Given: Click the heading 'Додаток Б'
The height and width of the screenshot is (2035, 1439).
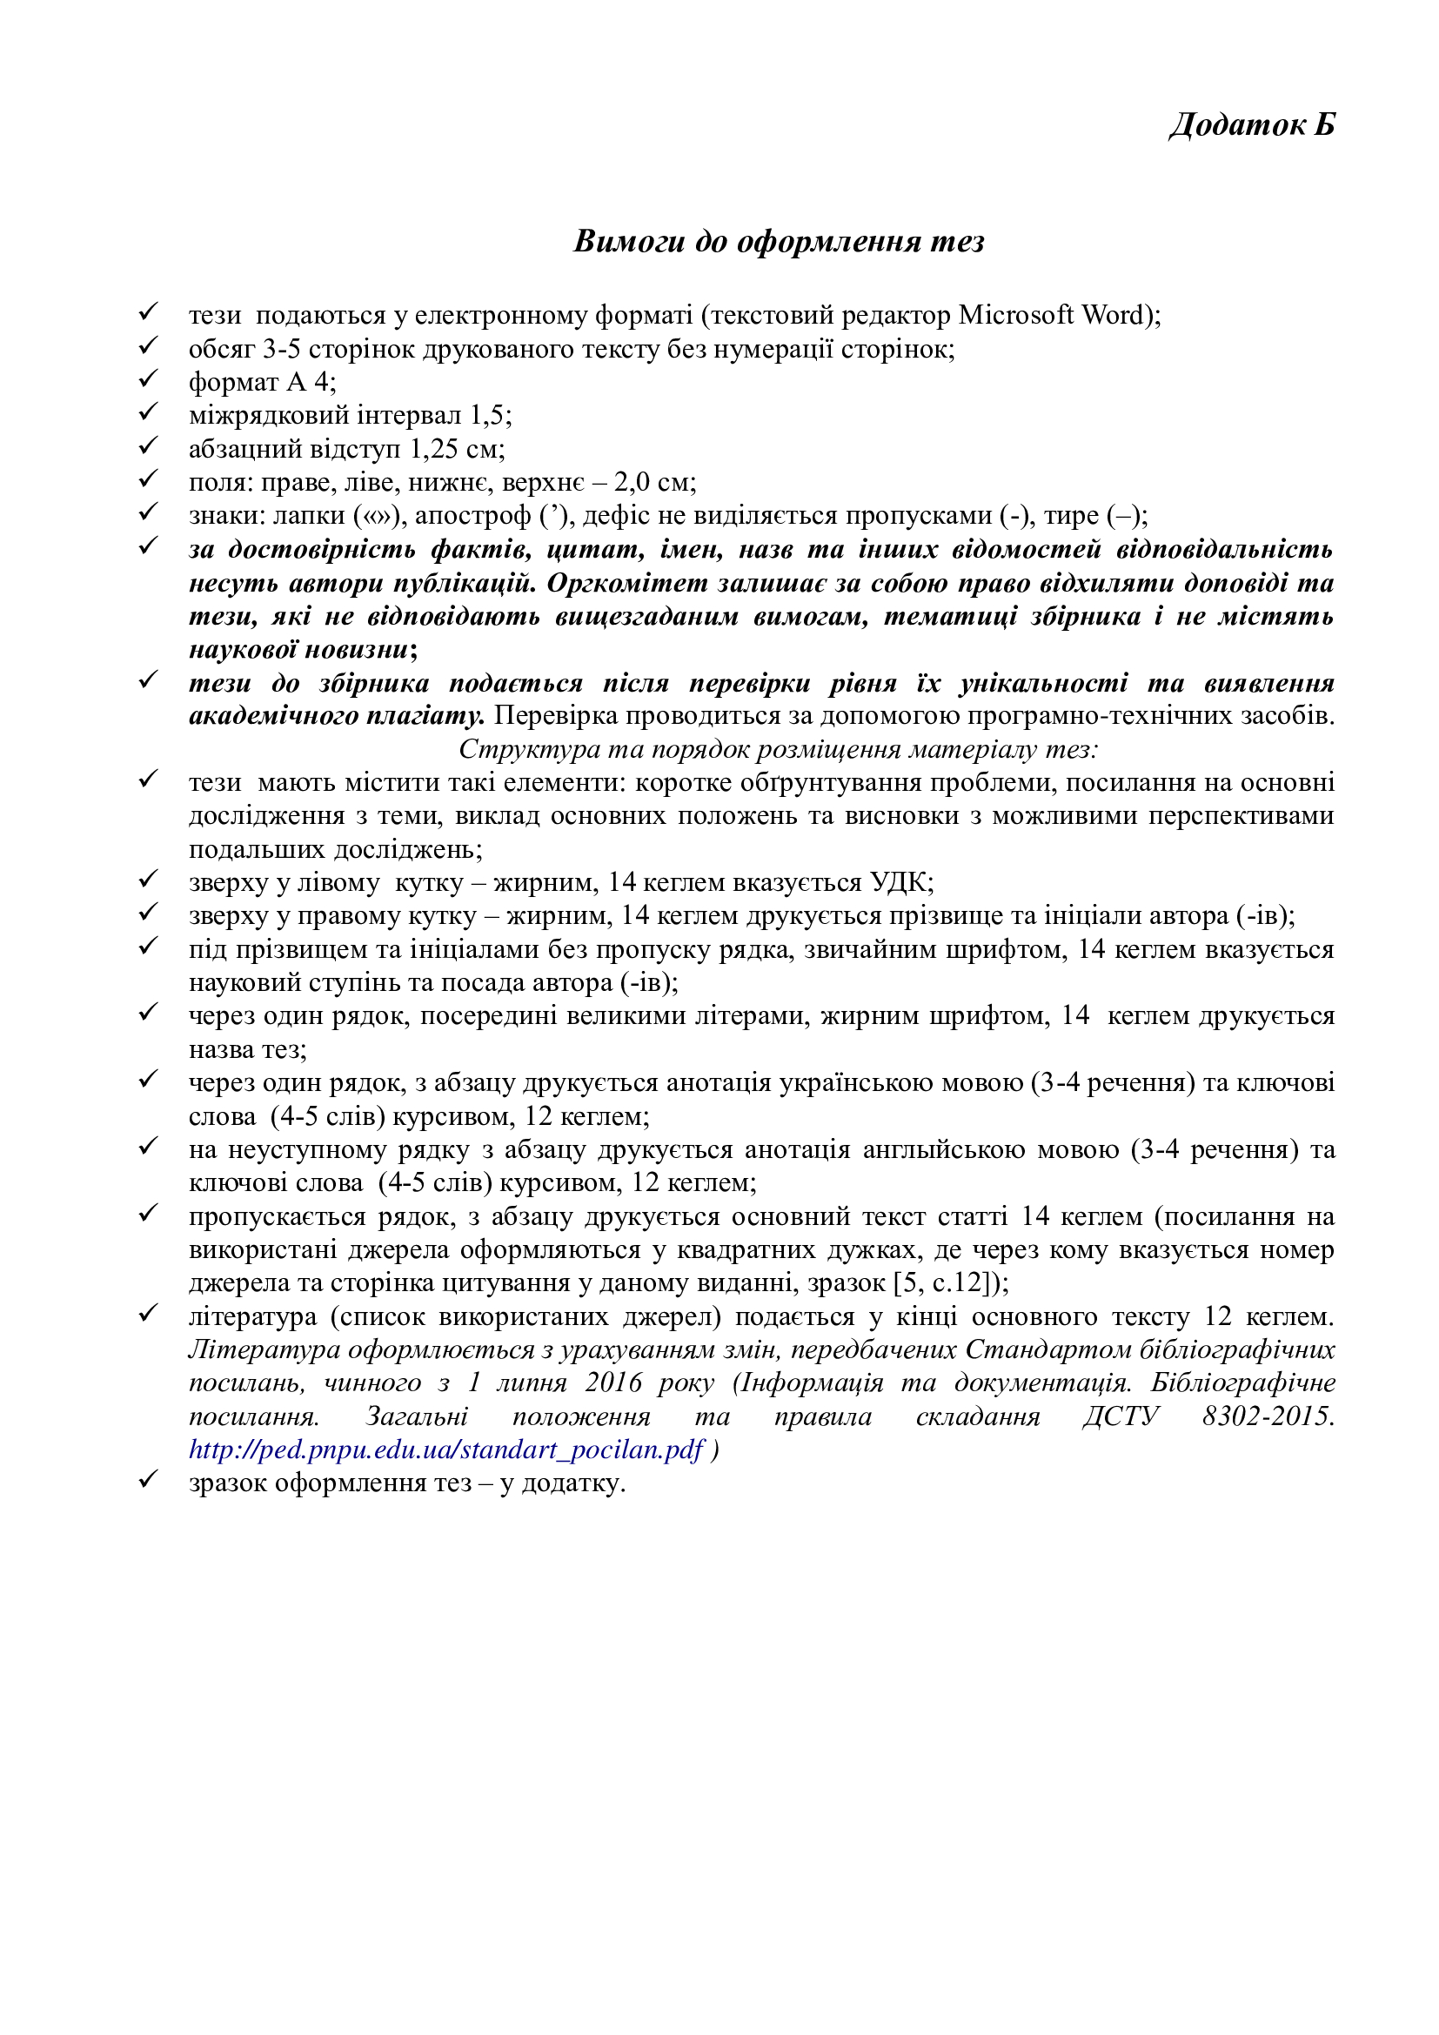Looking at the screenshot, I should [x=1251, y=125].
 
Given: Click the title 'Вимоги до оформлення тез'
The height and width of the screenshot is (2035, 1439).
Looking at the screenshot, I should [x=779, y=241].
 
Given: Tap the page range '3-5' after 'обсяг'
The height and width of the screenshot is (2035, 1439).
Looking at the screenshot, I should [x=281, y=348].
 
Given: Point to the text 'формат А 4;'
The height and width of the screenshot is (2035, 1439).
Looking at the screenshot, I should [x=262, y=382].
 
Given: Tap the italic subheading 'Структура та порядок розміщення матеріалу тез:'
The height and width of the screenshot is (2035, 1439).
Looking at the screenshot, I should [x=778, y=749].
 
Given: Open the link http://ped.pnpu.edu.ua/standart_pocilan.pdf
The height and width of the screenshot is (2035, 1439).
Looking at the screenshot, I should [x=445, y=1449].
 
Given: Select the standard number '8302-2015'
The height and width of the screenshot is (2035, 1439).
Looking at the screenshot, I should [x=1267, y=1416].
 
